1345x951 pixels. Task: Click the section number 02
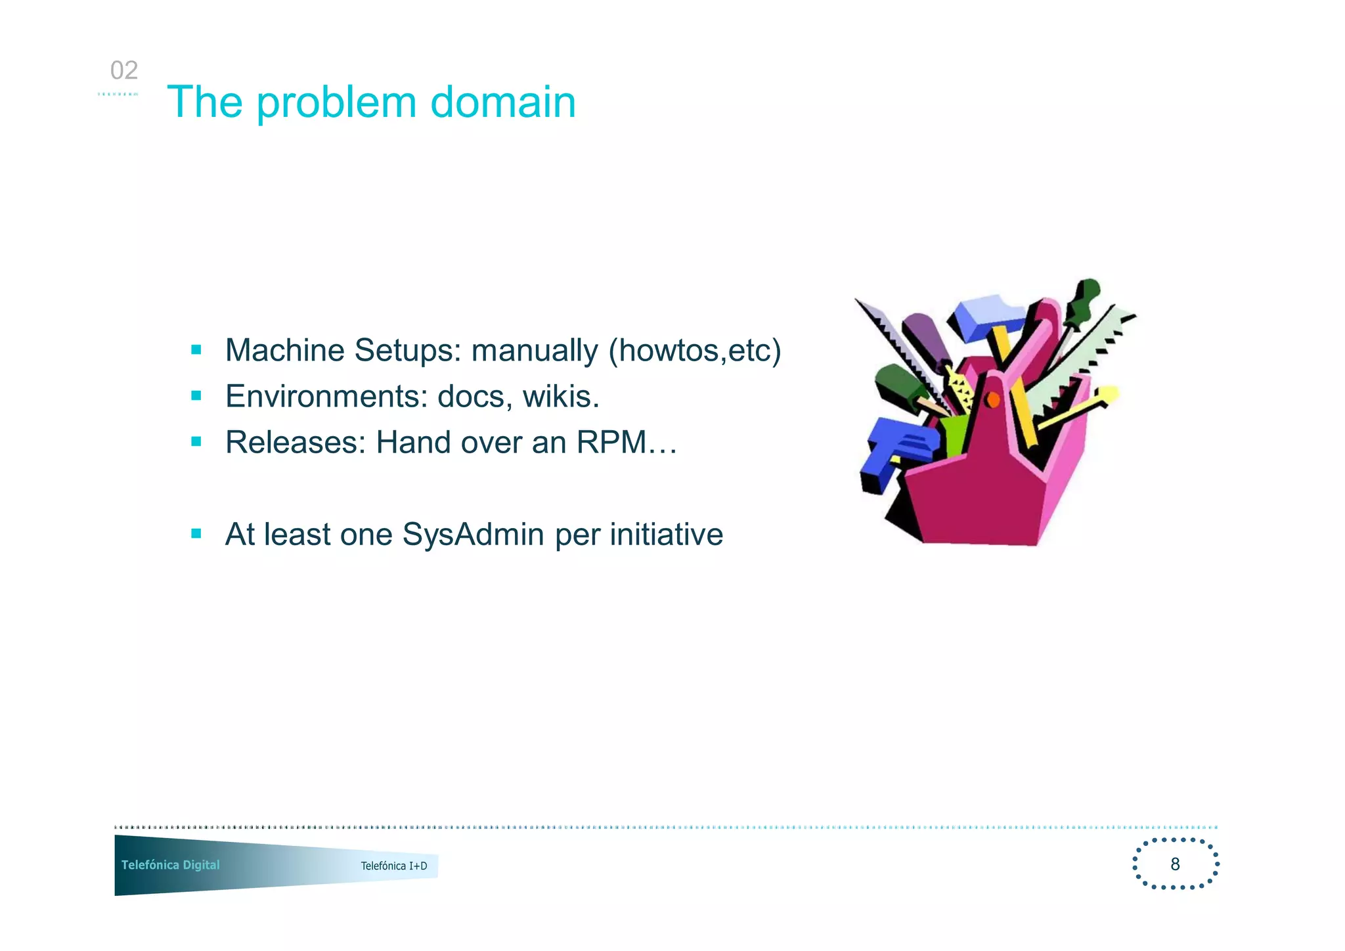[x=124, y=70]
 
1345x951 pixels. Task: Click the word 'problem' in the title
[x=336, y=103]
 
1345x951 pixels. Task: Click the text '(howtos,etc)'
[x=695, y=351]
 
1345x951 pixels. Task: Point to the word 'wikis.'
[x=561, y=397]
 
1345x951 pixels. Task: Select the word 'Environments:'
[x=326, y=397]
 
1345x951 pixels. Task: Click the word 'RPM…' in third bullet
[x=627, y=443]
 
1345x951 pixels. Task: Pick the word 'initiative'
[x=666, y=535]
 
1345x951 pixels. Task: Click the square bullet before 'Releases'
[x=196, y=441]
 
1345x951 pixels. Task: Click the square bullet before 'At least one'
[x=196, y=533]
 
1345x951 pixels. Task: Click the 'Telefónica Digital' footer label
[x=171, y=865]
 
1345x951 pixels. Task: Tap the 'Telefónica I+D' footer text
[x=394, y=866]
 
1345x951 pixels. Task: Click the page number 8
[x=1175, y=864]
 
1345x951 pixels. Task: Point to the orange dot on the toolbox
[x=993, y=399]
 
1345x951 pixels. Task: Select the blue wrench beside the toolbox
[x=894, y=453]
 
